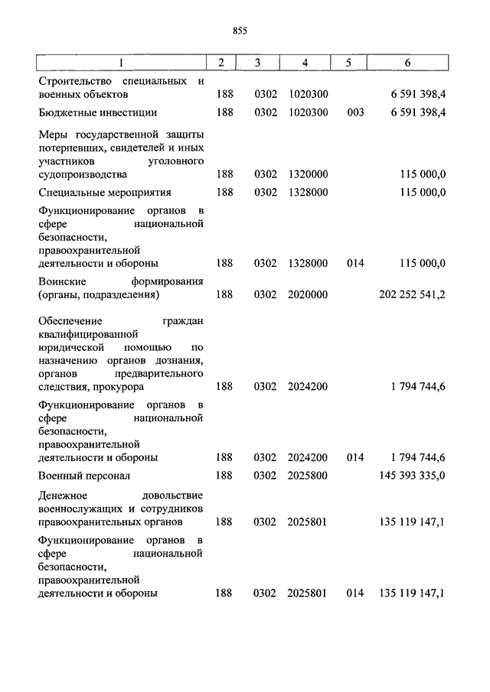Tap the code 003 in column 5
coord(354,112)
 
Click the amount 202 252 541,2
coord(413,294)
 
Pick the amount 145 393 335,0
coord(413,476)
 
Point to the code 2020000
coord(308,294)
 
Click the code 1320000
coord(308,174)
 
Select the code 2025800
coord(308,476)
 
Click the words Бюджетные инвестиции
coord(97,112)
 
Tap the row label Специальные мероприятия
coord(104,192)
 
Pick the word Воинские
coord(60,281)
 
